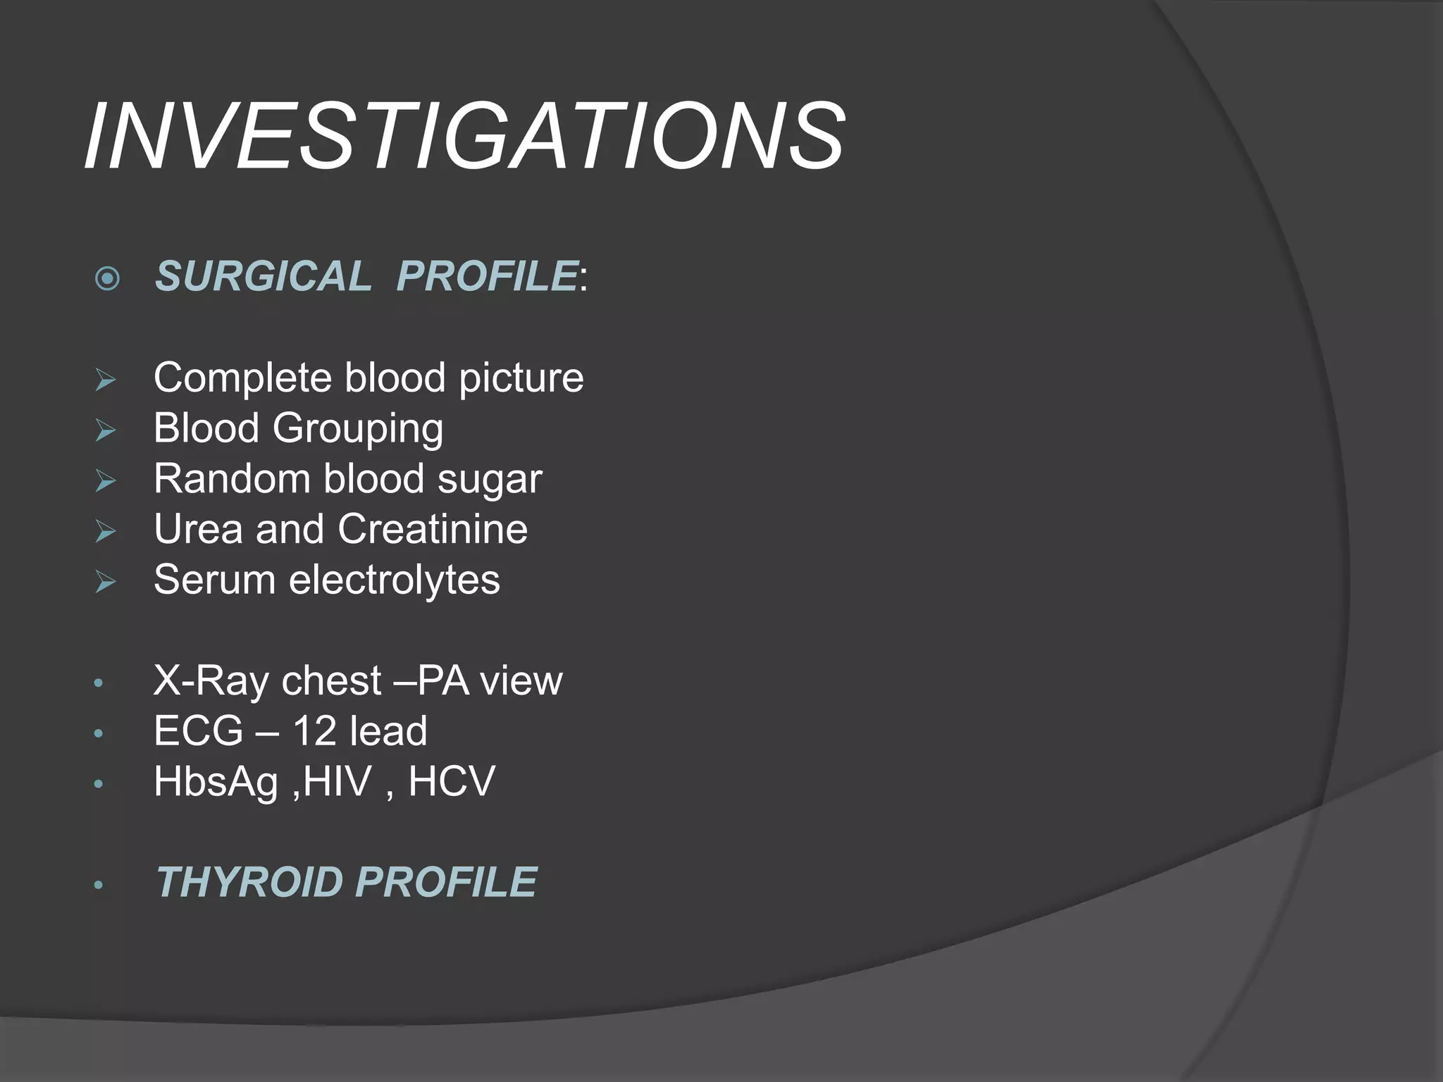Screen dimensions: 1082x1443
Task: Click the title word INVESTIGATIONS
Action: click(x=465, y=137)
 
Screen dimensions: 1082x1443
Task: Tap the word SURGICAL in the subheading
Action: click(x=263, y=276)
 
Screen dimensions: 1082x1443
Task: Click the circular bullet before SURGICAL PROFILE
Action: click(x=107, y=278)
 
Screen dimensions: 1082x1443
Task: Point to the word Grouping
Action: click(x=358, y=429)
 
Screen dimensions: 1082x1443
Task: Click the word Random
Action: click(x=231, y=479)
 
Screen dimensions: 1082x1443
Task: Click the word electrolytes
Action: click(x=394, y=580)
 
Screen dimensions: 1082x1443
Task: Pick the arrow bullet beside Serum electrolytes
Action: click(x=106, y=583)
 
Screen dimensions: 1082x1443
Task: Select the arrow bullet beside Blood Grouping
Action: click(x=106, y=430)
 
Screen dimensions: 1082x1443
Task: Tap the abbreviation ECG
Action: click(x=198, y=731)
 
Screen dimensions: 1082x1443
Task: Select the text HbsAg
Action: click(x=216, y=783)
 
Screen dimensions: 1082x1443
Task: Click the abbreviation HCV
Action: click(x=452, y=782)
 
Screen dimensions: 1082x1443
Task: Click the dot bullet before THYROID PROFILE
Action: click(x=99, y=885)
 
